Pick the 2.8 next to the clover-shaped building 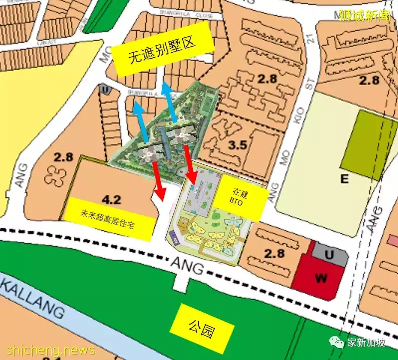[64, 158]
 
